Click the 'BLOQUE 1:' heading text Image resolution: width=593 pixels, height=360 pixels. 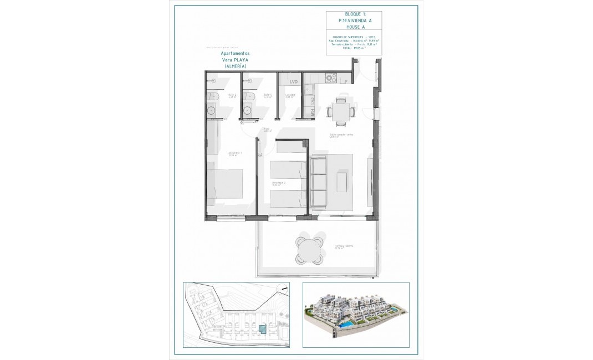(355, 13)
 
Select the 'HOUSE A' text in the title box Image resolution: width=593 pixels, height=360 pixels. (355, 27)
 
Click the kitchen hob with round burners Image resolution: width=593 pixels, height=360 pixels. (332, 78)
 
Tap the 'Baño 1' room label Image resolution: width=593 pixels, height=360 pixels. (268, 95)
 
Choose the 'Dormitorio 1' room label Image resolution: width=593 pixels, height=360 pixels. (232, 155)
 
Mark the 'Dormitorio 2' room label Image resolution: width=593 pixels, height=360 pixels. (278, 183)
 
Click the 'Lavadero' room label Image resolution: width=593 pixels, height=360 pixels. (290, 95)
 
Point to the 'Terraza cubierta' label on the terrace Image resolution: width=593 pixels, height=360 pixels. (344, 246)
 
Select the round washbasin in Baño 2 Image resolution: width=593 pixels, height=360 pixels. (212, 110)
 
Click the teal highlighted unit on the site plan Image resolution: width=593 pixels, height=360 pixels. (263, 331)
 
